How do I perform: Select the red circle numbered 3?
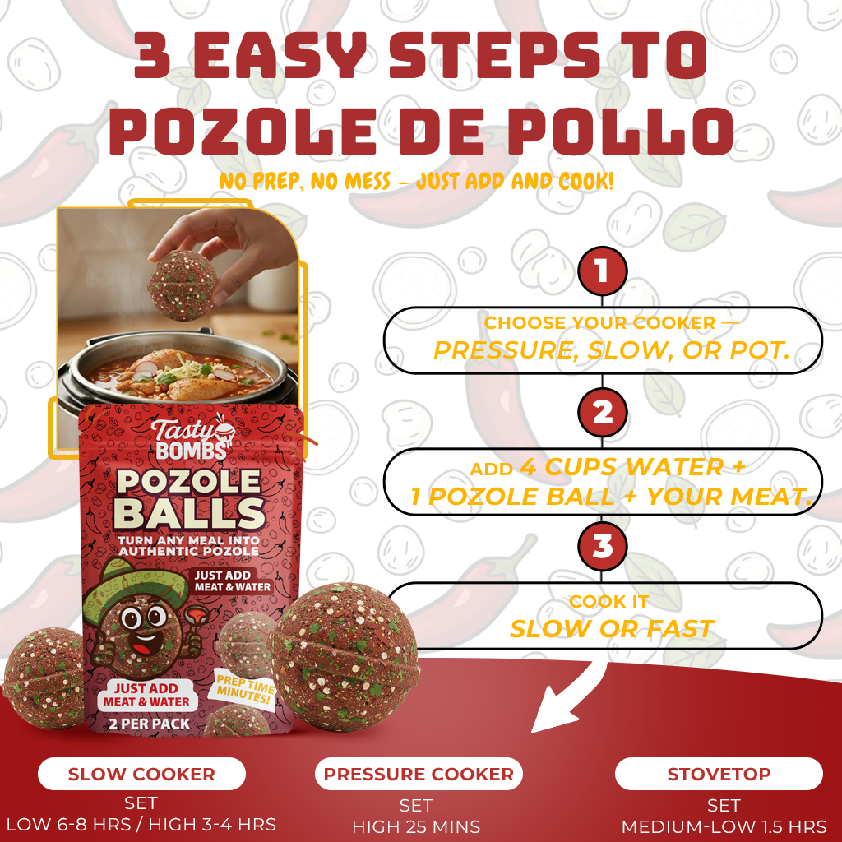tap(602, 547)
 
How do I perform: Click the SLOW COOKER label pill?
tap(141, 774)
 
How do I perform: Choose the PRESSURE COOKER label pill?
tap(418, 774)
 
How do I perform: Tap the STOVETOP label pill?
tap(719, 774)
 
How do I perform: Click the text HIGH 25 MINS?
tap(416, 826)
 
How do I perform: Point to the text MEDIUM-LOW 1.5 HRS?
tap(723, 826)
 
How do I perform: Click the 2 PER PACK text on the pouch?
tap(148, 724)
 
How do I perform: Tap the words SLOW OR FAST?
tap(610, 629)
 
